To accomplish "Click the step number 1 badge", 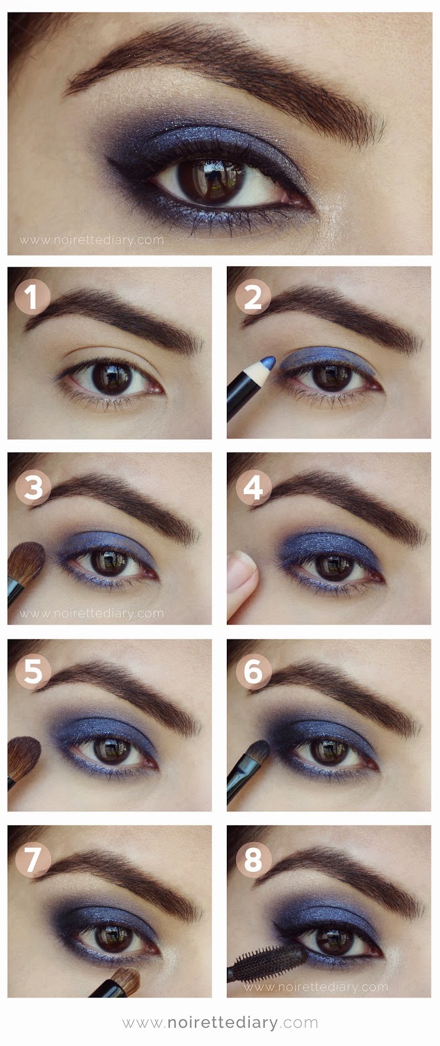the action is coord(32,297).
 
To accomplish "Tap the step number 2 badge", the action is coord(253,297).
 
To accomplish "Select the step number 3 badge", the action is coord(33,488).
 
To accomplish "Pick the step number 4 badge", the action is coord(254,488).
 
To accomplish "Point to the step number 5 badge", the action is coord(33,671).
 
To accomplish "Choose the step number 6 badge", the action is coord(254,671).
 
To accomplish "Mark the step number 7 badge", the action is coord(33,859).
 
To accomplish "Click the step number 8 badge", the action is coord(254,859).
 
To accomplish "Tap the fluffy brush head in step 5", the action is coord(24,758).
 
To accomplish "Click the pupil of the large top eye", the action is coord(211,180).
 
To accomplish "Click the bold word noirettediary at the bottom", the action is coord(222,1022).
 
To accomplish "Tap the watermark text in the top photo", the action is coord(92,240).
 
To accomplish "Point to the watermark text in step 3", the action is coord(92,613).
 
